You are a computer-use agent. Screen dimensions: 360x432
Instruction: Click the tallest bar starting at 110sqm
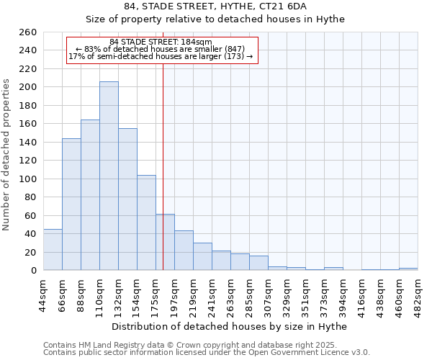click(x=109, y=176)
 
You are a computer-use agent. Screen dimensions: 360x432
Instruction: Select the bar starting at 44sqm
click(x=53, y=249)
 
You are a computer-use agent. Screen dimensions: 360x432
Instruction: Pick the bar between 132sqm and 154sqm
click(x=127, y=199)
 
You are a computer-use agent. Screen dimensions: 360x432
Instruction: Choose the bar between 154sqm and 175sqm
click(x=146, y=222)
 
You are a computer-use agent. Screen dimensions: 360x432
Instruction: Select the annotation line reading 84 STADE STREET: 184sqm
click(x=161, y=42)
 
